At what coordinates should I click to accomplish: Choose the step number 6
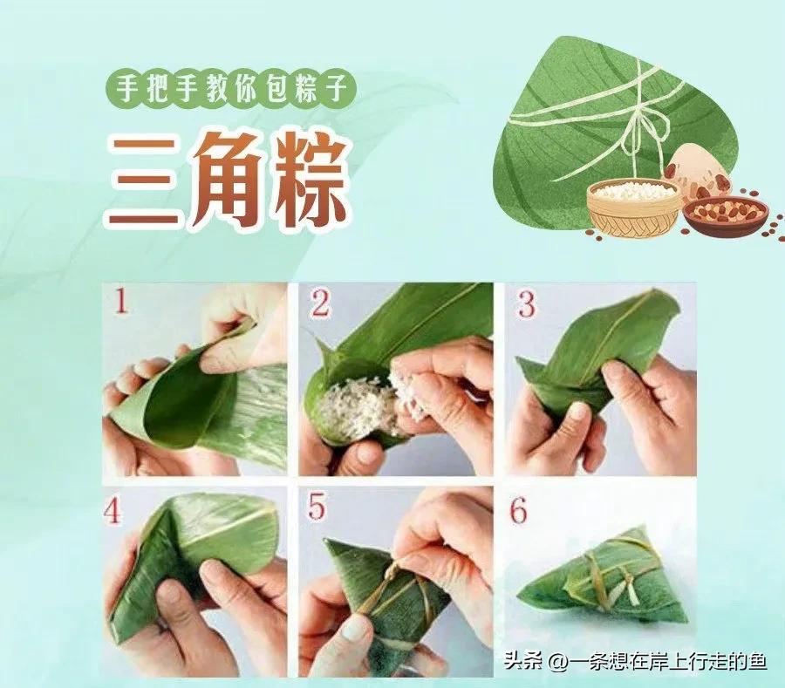[519, 511]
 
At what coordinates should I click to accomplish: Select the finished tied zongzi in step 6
[602, 580]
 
